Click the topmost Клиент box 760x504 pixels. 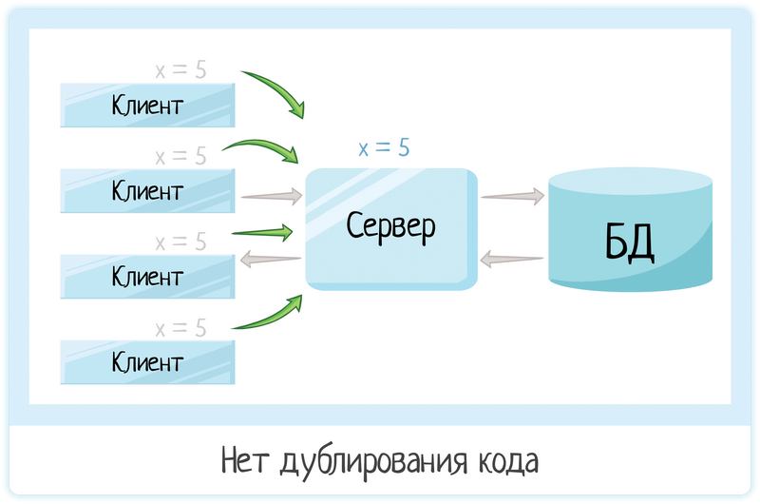coord(147,104)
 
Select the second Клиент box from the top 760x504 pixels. coord(147,190)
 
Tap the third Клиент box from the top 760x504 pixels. coord(147,277)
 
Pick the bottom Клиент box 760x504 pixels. coord(147,362)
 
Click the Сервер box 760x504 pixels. coord(390,228)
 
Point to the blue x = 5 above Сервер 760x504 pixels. coord(384,148)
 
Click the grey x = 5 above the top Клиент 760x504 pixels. coord(180,69)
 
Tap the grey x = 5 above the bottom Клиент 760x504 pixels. coord(180,328)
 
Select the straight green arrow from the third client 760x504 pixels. coord(262,231)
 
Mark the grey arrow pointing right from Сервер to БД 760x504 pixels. coord(512,196)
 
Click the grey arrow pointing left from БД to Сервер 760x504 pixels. coord(512,258)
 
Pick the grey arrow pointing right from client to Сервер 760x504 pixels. coord(272,197)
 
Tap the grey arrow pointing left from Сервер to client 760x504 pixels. coord(270,258)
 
